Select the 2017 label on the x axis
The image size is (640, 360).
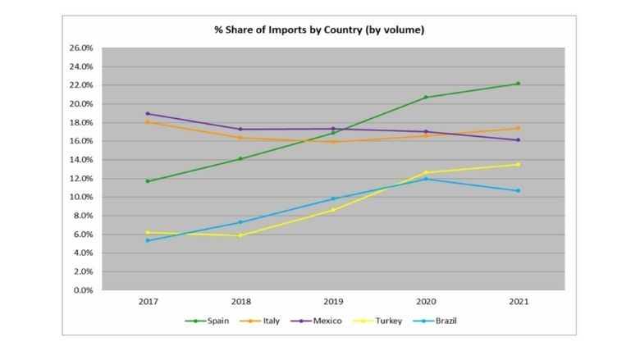tap(148, 303)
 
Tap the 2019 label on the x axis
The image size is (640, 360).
tap(333, 303)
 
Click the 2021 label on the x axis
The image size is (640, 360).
tap(518, 303)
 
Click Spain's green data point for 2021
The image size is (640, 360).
tap(518, 84)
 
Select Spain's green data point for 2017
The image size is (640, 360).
tap(148, 181)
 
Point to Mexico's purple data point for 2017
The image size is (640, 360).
tap(148, 114)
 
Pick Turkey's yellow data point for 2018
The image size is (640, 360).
tap(240, 235)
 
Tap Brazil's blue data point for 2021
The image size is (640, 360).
tap(518, 191)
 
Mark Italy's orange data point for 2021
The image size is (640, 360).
tap(518, 128)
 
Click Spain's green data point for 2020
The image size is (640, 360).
tap(426, 98)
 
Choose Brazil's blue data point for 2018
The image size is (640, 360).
tap(240, 222)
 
